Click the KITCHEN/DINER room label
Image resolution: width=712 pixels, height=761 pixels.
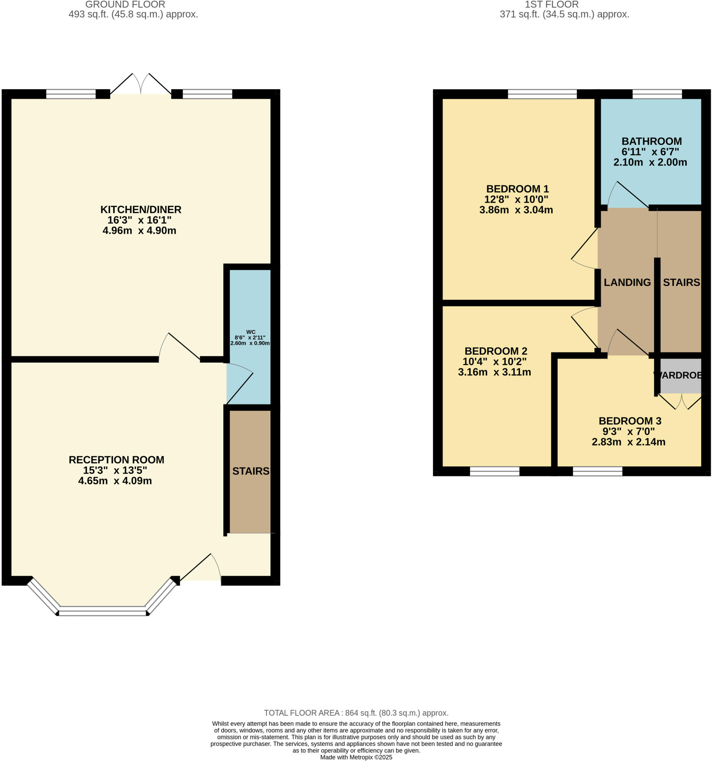141,210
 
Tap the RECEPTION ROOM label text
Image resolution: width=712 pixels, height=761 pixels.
116,460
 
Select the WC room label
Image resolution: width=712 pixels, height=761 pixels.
251,332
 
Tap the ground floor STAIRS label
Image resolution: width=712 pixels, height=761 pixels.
251,471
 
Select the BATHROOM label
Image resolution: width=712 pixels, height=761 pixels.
651,141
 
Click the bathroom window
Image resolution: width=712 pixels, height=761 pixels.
657,94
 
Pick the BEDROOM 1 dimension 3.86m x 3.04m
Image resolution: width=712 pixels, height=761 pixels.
516,210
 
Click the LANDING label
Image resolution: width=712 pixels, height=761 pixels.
627,282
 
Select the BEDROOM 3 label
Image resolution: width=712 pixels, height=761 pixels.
630,421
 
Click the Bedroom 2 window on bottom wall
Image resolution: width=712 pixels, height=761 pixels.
494,471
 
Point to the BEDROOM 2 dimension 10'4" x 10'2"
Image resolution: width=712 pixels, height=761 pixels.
494,361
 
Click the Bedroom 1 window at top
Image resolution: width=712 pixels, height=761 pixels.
542,94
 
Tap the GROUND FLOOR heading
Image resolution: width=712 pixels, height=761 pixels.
125,4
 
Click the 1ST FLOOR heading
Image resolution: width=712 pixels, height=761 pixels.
551,4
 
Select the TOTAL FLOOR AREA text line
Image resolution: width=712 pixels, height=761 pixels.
356,713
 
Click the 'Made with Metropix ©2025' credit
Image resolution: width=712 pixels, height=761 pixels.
356,757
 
